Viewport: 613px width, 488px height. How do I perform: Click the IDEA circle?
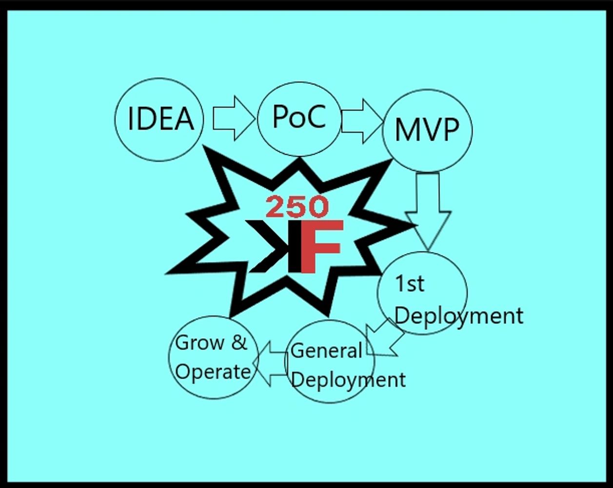coord(159,120)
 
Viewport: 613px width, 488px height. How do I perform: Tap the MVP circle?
coord(427,130)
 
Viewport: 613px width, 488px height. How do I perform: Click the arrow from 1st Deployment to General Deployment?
coord(385,337)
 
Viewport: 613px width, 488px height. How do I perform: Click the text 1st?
coord(409,284)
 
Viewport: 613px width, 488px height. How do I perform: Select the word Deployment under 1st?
coord(458,315)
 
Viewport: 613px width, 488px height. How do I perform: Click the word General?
coord(326,350)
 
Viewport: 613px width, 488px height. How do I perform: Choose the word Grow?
coord(198,343)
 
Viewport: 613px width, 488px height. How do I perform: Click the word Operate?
coord(213,372)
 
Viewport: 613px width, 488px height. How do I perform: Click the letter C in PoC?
coord(316,117)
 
